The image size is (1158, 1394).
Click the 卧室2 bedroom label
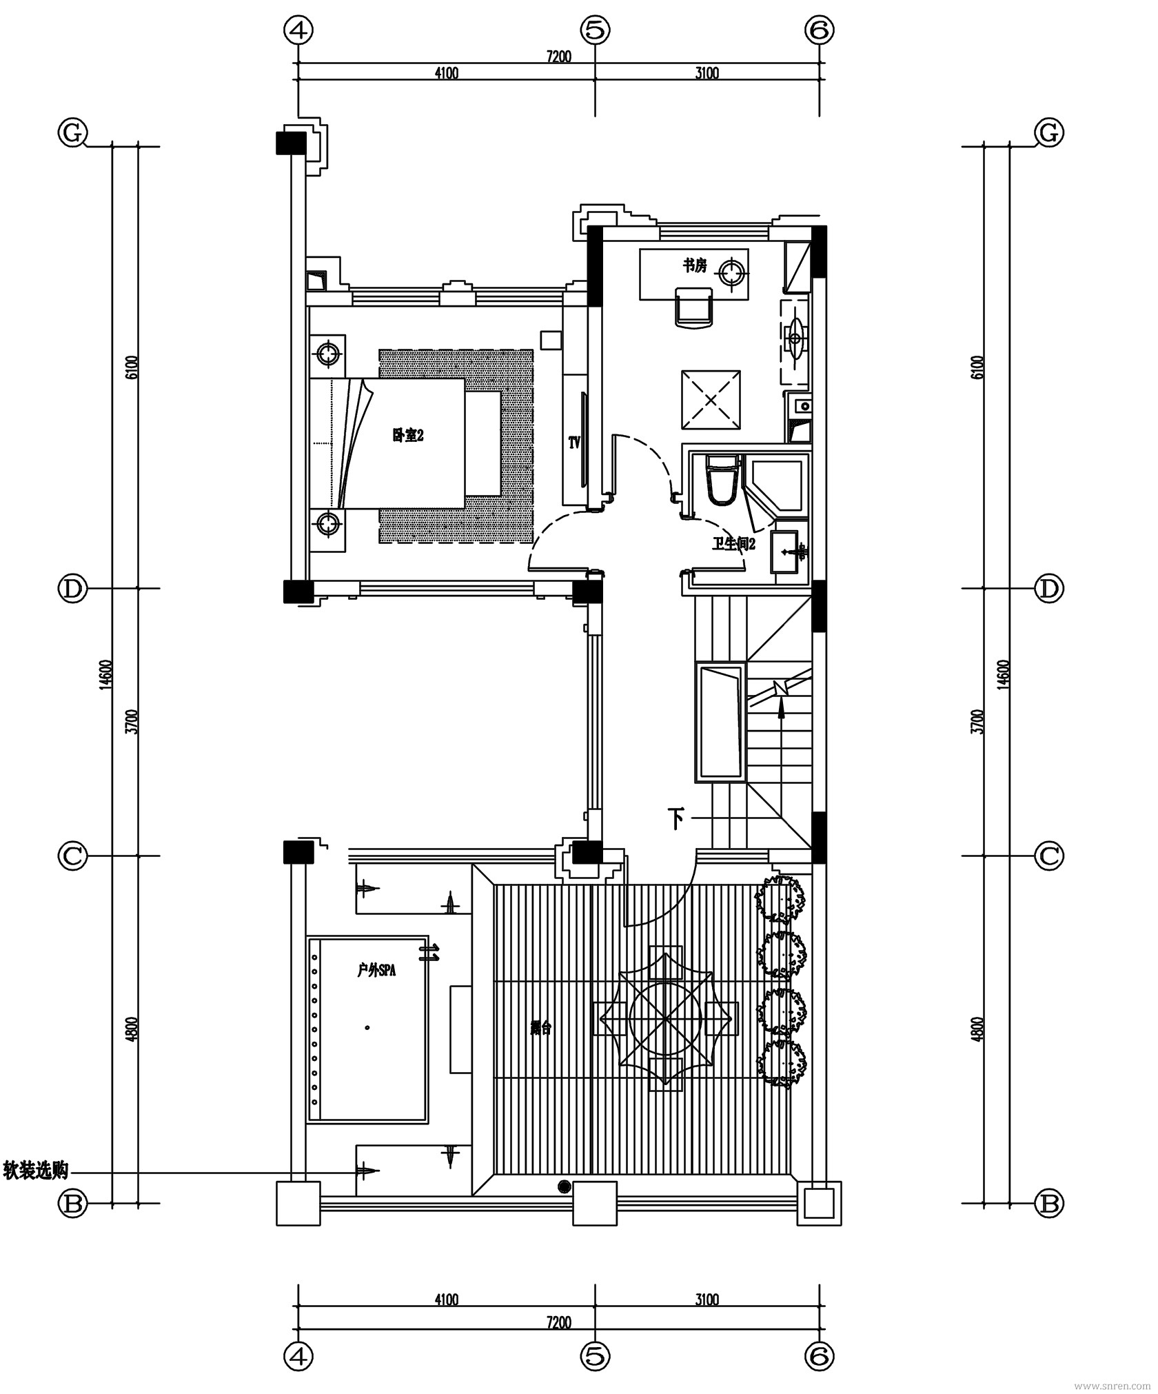pos(407,435)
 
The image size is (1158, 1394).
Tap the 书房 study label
pos(694,265)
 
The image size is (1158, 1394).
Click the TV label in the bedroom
pos(574,443)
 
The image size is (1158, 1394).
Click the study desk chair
pos(693,307)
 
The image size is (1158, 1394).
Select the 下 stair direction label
pos(677,819)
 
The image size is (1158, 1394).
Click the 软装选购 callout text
pos(36,1169)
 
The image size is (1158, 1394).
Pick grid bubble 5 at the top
pos(595,30)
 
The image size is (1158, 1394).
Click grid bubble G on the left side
pos(72,133)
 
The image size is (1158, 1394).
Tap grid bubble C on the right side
pos(1048,856)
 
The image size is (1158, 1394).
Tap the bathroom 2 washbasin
pos(786,552)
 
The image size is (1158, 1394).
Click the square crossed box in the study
pos(711,400)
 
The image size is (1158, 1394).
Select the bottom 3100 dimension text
pos(707,1300)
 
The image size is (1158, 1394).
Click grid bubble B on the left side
pos(72,1204)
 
